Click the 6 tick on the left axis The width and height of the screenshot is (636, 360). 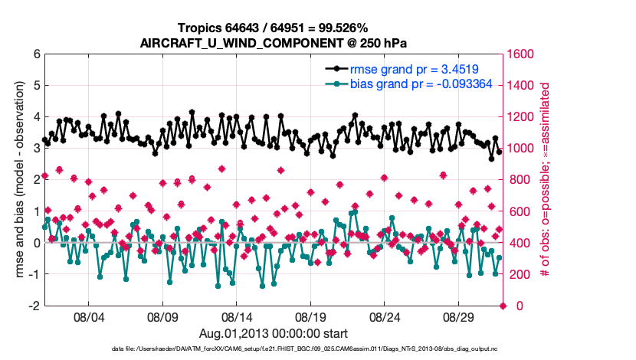coord(35,54)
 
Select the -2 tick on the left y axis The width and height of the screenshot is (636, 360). coord(33,306)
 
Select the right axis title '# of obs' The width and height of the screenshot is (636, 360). coord(546,180)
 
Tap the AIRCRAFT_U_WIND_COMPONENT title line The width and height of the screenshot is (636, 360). coord(274,42)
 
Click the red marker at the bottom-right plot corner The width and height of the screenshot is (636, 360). coord(503,306)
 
